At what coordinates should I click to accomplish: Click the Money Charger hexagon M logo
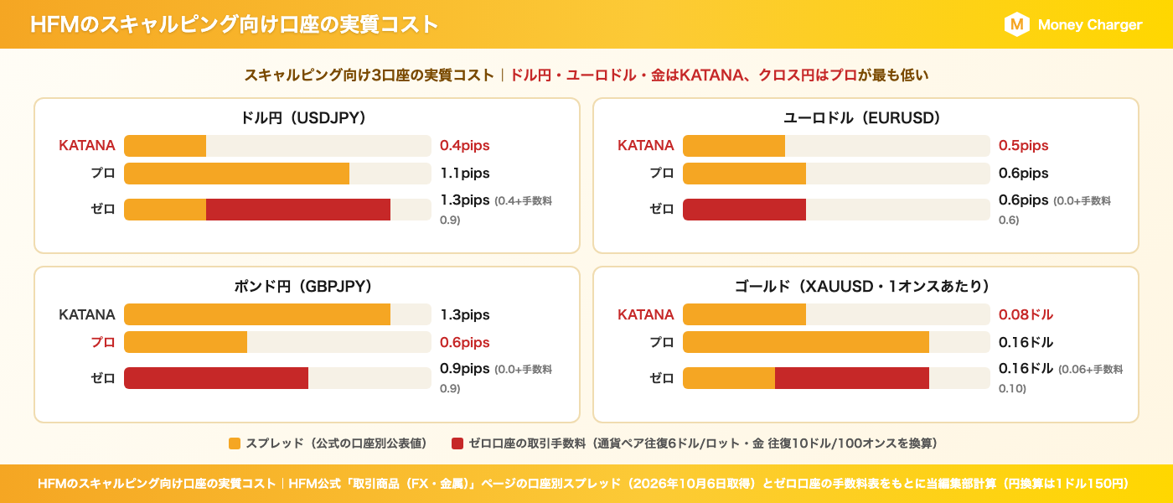(x=1016, y=24)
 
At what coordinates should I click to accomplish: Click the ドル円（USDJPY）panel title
(x=303, y=117)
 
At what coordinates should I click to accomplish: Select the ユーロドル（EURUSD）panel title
(x=862, y=117)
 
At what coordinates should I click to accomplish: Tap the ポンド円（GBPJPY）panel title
(x=303, y=286)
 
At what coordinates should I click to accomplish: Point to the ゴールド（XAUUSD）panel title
(x=862, y=286)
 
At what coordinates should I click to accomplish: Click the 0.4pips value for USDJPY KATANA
(x=464, y=146)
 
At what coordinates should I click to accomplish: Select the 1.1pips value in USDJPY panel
(x=464, y=174)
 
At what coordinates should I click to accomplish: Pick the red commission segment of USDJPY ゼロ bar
(x=298, y=210)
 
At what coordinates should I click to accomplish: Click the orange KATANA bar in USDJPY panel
(x=165, y=146)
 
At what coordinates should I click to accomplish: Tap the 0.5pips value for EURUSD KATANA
(x=1023, y=146)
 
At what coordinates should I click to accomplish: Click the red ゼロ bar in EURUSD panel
(x=744, y=210)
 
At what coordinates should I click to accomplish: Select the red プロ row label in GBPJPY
(x=102, y=342)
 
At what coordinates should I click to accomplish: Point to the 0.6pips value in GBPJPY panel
(x=464, y=343)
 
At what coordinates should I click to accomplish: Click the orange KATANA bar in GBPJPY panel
(x=257, y=314)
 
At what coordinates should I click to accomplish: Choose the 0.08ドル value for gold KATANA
(x=1026, y=314)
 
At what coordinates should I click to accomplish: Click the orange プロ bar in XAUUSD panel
(x=806, y=342)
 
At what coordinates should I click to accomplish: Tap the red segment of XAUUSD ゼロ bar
(x=852, y=378)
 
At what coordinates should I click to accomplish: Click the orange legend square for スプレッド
(x=235, y=443)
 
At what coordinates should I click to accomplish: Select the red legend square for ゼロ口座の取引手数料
(x=457, y=443)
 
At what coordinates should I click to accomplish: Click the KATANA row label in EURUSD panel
(x=646, y=146)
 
